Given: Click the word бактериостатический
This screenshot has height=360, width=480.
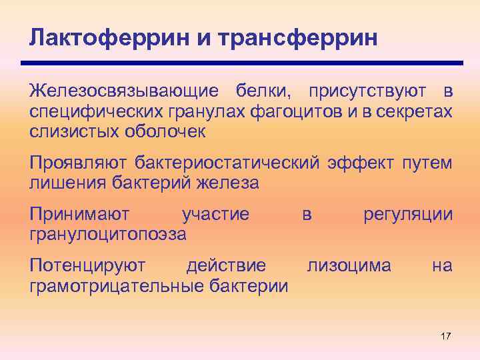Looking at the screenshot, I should pyautogui.click(x=229, y=163).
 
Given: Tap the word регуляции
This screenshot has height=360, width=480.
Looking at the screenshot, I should pyautogui.click(x=407, y=215).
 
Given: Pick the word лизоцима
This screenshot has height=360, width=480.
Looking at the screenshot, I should pyautogui.click(x=349, y=267).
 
